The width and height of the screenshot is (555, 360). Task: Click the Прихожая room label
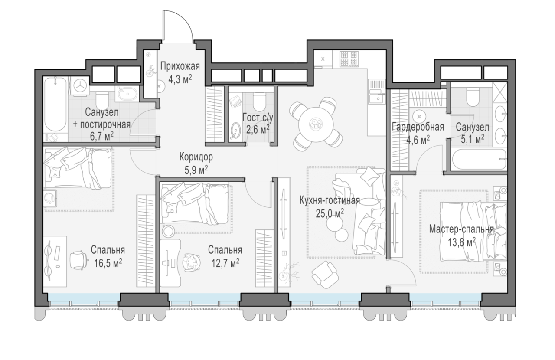coord(180,66)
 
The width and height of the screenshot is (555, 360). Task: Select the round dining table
coord(315,124)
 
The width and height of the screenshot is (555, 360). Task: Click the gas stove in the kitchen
coord(349,59)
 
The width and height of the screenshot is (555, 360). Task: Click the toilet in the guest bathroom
coord(259,101)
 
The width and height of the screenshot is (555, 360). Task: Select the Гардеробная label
coord(418,127)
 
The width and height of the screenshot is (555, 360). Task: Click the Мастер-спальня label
coord(462,229)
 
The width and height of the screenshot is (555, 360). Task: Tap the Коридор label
coord(196,157)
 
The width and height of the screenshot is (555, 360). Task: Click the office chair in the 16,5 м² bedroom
coord(78,260)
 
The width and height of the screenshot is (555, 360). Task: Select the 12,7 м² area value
coord(225,262)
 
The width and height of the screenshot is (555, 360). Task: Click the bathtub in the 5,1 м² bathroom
coord(479,159)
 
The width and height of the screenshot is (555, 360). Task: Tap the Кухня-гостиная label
coord(330,200)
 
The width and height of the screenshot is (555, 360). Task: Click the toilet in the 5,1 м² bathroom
coord(472,98)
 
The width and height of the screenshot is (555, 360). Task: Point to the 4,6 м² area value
coord(418,140)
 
